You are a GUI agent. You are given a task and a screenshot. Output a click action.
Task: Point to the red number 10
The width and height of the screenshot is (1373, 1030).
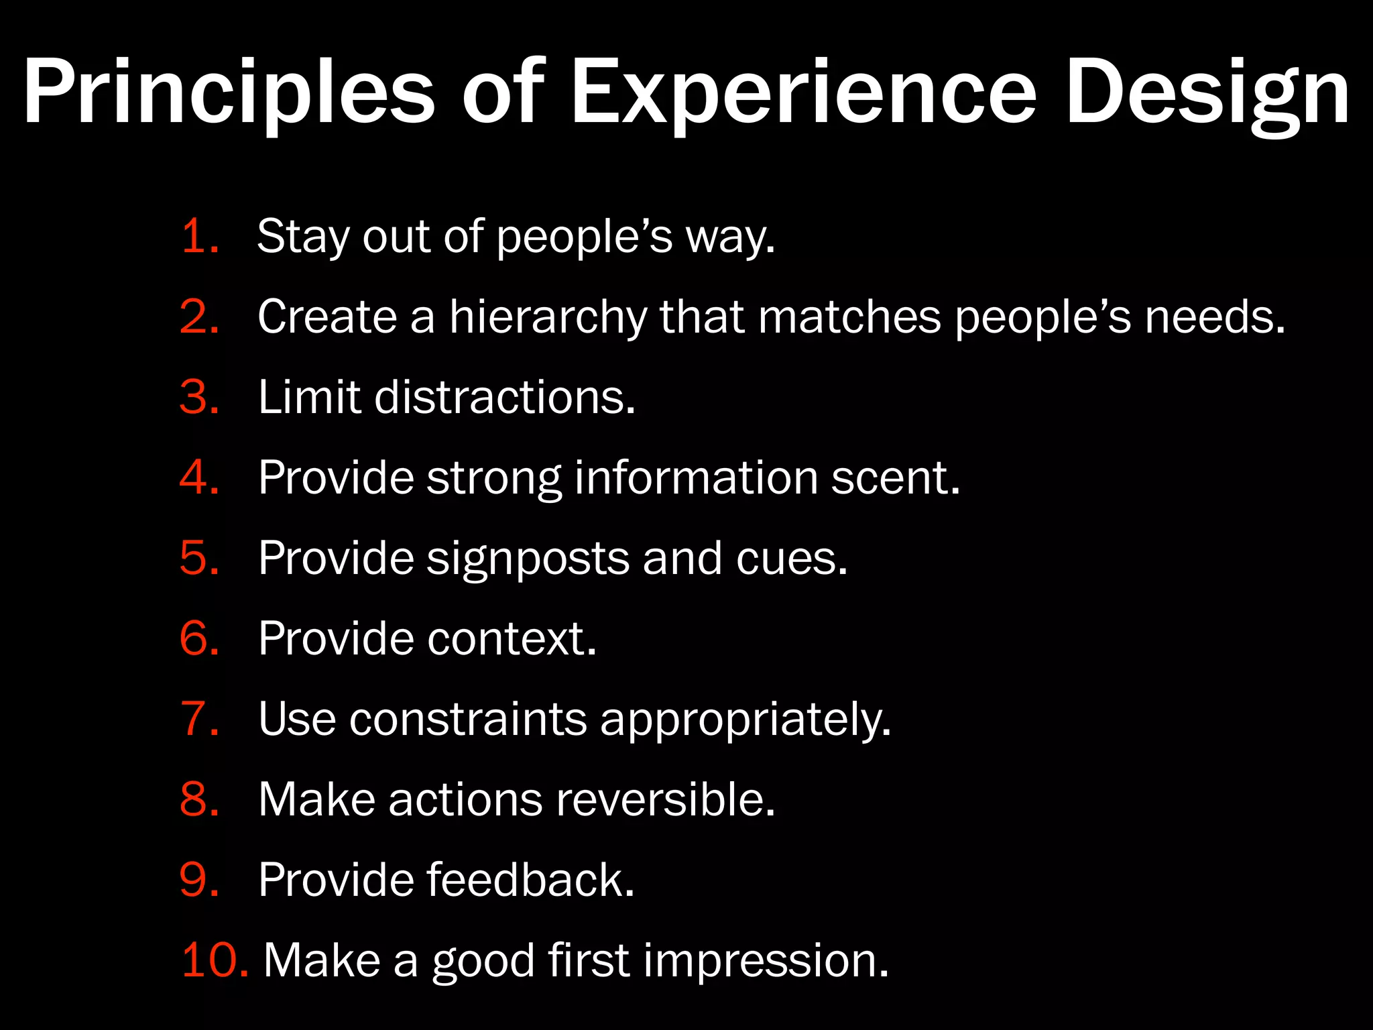(x=213, y=960)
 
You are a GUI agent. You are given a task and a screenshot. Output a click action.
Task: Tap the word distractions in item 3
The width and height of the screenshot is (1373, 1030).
(x=504, y=397)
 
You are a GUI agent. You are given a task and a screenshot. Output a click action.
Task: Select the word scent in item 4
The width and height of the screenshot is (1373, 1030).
(x=895, y=477)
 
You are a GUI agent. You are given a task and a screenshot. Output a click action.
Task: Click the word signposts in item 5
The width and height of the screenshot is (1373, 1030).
(x=528, y=558)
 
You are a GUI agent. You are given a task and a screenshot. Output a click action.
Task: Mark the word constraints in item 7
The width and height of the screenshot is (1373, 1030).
(x=468, y=718)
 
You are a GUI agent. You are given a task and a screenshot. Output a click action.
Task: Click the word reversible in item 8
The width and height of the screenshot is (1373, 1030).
(x=666, y=799)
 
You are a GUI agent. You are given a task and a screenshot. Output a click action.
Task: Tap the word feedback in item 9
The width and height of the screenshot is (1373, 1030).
(x=530, y=879)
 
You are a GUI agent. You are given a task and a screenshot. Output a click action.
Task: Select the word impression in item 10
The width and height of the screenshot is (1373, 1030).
(x=766, y=960)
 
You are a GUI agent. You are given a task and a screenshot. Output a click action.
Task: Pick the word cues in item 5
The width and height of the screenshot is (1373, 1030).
(x=791, y=558)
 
